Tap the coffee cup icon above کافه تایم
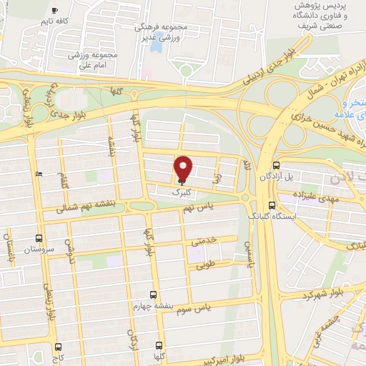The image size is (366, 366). [x=56, y=11]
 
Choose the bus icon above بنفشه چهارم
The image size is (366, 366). [x=152, y=294]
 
